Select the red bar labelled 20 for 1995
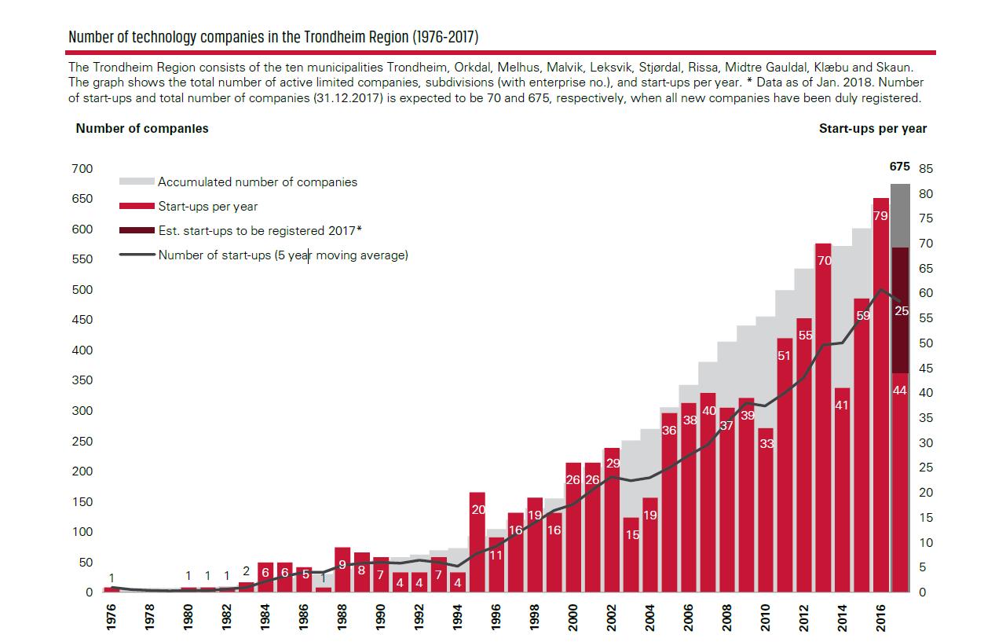[x=477, y=542]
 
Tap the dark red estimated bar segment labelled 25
[x=900, y=310]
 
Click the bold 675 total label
[x=899, y=167]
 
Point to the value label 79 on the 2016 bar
[x=880, y=215]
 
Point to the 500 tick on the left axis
[x=82, y=290]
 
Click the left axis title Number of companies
[x=142, y=128]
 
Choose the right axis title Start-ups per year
[x=872, y=128]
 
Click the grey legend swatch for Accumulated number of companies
[x=136, y=182]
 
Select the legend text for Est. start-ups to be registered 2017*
[x=260, y=230]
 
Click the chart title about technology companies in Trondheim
[x=273, y=37]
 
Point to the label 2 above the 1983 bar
[x=247, y=571]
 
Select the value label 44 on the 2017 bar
[x=900, y=391]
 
